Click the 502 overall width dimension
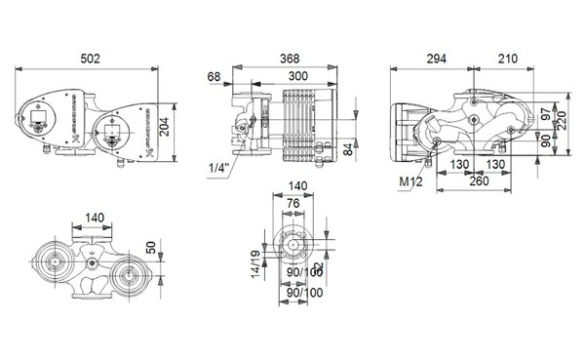click(x=89, y=58)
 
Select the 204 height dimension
click(x=167, y=120)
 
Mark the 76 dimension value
click(x=292, y=204)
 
